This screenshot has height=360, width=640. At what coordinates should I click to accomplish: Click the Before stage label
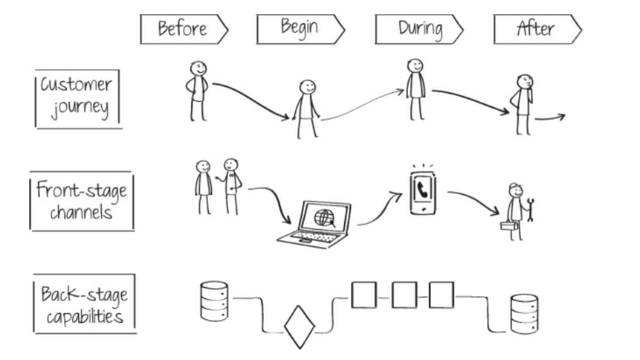181,29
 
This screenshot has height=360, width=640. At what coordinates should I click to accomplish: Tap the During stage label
418,29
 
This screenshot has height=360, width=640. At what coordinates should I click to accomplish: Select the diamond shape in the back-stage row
300,327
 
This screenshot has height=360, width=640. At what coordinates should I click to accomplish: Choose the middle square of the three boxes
404,295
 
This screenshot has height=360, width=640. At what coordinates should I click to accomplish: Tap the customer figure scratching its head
522,103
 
